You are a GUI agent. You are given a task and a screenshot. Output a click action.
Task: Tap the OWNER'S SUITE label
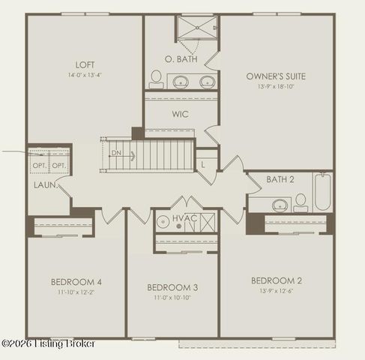point(276,76)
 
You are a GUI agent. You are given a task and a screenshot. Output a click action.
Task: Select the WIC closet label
point(180,114)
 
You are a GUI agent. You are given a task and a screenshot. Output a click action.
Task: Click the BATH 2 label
point(280,180)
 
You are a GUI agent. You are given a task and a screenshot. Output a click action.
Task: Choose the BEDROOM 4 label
point(76,282)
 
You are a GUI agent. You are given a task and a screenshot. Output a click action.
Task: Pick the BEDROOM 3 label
point(172,287)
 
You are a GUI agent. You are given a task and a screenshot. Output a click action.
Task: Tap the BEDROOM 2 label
point(276,280)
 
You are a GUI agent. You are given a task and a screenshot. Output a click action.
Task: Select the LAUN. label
point(45,184)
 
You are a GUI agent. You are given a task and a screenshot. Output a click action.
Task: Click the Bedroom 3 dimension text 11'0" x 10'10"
point(172,298)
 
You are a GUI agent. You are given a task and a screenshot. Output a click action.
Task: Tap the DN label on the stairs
point(116,153)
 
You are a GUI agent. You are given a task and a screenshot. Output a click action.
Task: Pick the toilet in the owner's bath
point(156,78)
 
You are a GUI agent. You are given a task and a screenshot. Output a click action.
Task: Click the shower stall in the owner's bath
point(196,31)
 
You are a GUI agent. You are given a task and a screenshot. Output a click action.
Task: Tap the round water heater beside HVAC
point(163,222)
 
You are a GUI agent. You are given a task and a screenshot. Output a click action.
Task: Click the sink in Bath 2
point(281,205)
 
